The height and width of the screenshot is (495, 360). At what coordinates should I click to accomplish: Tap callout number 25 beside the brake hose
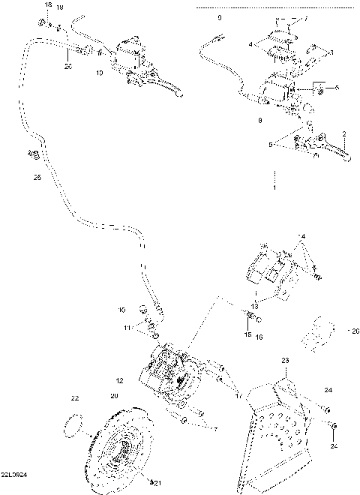pyautogui.click(x=37, y=178)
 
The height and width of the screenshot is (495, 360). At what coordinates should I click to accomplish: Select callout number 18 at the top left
pyautogui.click(x=49, y=5)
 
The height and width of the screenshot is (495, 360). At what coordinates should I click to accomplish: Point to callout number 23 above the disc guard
pyautogui.click(x=285, y=361)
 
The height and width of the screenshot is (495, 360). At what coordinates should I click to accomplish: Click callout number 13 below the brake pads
pyautogui.click(x=254, y=306)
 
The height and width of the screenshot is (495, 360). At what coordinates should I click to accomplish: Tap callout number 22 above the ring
pyautogui.click(x=75, y=397)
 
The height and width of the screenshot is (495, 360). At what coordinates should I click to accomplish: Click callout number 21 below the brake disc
pyautogui.click(x=157, y=481)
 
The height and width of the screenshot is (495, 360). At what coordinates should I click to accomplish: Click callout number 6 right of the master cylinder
pyautogui.click(x=337, y=88)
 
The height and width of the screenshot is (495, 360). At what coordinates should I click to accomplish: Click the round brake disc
pyautogui.click(x=120, y=450)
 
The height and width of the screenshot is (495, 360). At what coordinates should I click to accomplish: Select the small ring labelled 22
pyautogui.click(x=73, y=424)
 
